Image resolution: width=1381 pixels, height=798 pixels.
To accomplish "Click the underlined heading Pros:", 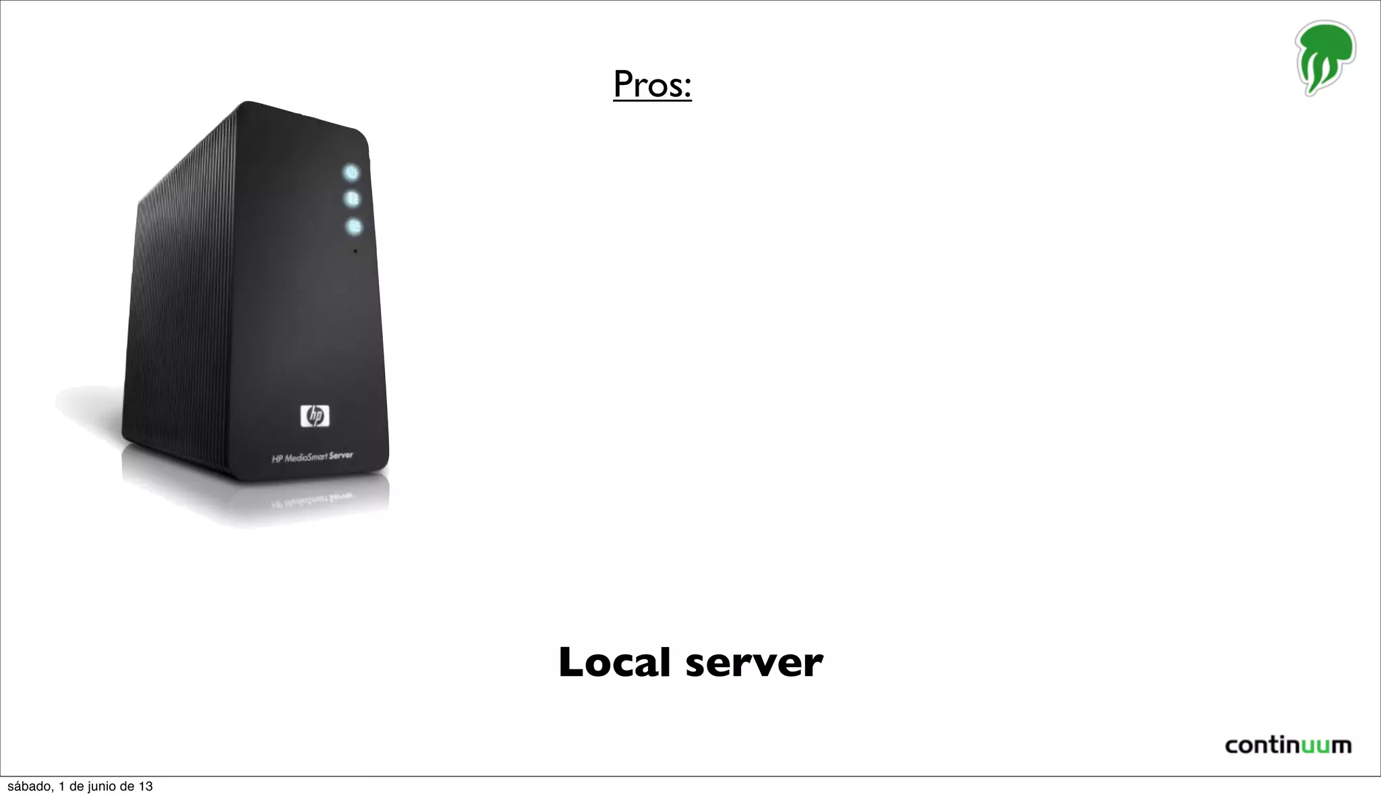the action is click(x=652, y=84).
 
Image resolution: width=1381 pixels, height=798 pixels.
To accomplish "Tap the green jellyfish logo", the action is click(x=1324, y=57).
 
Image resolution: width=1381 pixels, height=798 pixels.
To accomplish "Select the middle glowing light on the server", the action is click(x=352, y=199).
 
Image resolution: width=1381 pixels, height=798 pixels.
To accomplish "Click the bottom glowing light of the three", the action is click(x=354, y=226).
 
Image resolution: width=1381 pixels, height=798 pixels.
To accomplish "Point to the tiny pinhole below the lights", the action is click(x=355, y=251).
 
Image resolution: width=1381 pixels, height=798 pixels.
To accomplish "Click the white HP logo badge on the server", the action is click(x=315, y=416).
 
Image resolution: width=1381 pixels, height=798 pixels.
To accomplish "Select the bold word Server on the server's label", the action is click(x=341, y=455).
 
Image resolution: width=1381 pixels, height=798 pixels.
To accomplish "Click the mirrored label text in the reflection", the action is click(x=312, y=500).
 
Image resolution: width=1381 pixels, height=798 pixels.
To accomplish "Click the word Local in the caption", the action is click(x=614, y=663).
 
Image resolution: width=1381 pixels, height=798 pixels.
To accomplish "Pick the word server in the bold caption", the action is click(x=754, y=663).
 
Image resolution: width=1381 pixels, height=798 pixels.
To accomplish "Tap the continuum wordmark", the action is click(x=1288, y=745).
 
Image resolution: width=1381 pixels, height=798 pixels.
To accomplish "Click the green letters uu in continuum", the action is click(x=1314, y=746).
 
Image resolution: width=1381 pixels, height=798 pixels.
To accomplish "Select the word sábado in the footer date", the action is click(x=29, y=787).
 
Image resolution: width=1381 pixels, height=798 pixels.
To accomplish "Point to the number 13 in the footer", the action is click(x=146, y=787).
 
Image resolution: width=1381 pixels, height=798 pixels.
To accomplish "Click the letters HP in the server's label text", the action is click(x=276, y=460).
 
